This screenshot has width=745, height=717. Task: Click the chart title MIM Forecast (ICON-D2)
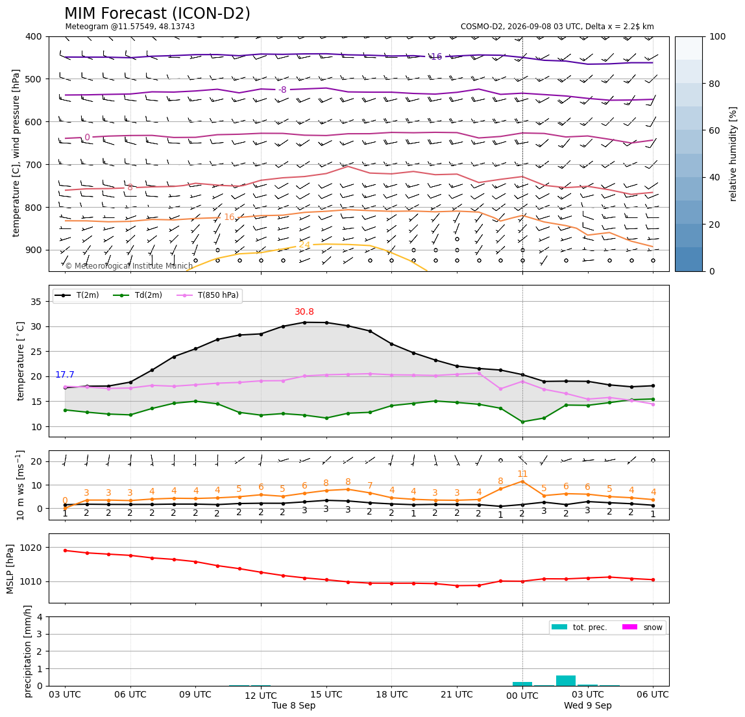tap(157, 13)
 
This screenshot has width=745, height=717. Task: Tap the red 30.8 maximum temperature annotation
tap(304, 311)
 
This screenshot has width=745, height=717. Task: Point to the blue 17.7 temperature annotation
tap(65, 375)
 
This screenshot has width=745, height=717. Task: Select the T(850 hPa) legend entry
tap(208, 295)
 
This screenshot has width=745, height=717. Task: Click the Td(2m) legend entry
tap(138, 295)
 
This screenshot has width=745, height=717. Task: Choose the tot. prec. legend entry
tap(579, 627)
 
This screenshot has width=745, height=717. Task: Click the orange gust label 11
tap(522, 474)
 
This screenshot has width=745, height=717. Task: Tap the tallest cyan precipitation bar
tap(566, 681)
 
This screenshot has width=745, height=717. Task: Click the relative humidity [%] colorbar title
tap(733, 154)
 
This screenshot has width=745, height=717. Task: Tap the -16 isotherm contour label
tap(435, 56)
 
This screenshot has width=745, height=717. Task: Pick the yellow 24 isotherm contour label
tap(304, 245)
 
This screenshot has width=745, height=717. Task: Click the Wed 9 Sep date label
tap(588, 705)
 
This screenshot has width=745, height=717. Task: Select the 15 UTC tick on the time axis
tap(326, 694)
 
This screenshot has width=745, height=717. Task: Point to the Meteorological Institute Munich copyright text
tap(128, 266)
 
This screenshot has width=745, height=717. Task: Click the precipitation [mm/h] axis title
tap(28, 651)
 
